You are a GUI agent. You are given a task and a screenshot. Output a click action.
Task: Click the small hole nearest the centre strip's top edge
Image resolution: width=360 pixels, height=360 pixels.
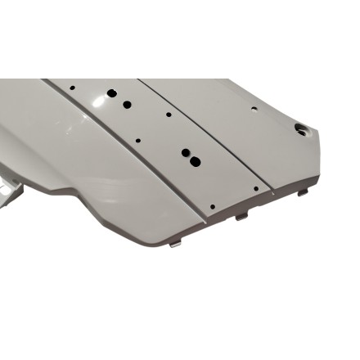point(73,86)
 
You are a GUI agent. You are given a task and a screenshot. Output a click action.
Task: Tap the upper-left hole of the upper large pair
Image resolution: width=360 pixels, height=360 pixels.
point(112,93)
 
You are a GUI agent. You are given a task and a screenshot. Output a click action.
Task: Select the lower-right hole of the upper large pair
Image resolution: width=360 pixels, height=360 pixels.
point(127,105)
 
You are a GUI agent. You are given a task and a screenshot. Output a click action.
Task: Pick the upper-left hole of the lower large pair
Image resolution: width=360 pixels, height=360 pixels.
point(184,152)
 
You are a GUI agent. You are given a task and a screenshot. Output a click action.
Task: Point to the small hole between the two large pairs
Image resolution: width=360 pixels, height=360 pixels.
point(137,140)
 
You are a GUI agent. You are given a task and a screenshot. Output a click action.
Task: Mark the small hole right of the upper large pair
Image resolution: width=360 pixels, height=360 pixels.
point(169,115)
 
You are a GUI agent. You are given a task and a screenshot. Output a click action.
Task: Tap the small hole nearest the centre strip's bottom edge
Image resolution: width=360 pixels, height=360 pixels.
point(212,206)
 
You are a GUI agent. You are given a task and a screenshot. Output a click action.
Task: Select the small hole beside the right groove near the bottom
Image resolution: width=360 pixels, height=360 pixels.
point(255,188)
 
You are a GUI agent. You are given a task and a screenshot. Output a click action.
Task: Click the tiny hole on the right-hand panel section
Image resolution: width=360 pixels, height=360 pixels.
point(254,108)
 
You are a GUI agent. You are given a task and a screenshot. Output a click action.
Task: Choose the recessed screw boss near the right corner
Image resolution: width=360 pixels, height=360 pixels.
point(300,128)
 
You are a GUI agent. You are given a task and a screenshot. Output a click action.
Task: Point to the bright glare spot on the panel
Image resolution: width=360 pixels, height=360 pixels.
point(99,100)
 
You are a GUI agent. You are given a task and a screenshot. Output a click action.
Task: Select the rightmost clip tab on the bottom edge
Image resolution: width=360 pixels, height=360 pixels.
point(303,192)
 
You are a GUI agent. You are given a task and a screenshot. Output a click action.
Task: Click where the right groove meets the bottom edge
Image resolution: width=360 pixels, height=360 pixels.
point(272,194)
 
